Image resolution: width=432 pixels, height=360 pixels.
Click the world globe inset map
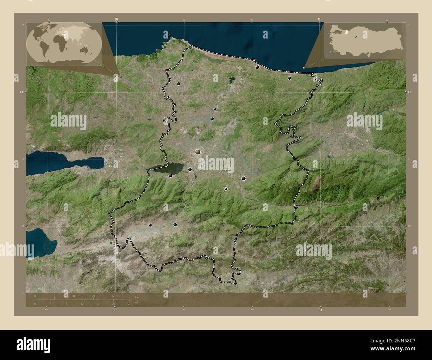pos(63,43)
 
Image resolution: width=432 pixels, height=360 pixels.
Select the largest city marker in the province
pos(198,152)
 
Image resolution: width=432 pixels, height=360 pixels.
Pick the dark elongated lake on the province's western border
pos(165,168)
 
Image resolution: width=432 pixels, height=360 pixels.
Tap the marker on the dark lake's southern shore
pos(170,176)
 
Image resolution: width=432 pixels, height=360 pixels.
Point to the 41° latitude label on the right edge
pos(409,92)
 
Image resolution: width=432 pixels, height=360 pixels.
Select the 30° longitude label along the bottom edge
pos(115,310)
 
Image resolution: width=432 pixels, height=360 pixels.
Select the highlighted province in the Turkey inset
pos(347,32)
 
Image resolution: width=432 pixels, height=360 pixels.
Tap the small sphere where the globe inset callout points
pos(120,76)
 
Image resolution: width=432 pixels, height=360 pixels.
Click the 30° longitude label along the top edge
pos(116,19)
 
